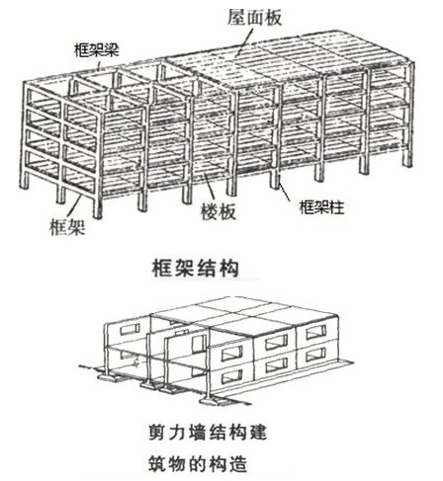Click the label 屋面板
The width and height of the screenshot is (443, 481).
(254, 17)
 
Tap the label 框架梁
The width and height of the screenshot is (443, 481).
(96, 50)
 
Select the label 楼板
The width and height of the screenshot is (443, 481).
(219, 211)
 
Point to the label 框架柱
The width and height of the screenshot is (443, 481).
(321, 207)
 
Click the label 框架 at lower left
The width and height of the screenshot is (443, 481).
(67, 227)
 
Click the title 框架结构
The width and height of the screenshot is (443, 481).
(195, 269)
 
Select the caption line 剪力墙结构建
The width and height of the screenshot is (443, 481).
(208, 433)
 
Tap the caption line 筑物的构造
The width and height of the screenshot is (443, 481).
(198, 463)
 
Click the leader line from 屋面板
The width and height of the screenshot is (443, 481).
(244, 41)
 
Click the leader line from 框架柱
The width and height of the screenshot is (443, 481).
(284, 188)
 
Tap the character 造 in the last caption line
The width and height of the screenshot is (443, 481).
(238, 463)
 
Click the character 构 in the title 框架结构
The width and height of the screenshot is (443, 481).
(228, 269)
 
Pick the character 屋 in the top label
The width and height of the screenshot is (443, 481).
(237, 17)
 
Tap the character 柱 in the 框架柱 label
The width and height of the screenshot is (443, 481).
(337, 207)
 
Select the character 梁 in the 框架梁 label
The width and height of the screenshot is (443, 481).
(111, 50)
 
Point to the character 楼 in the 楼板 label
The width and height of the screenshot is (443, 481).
(210, 211)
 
